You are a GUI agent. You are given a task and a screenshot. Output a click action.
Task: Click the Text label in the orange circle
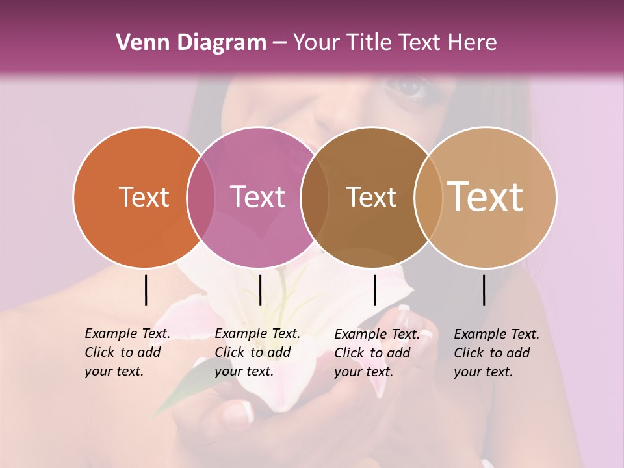144,198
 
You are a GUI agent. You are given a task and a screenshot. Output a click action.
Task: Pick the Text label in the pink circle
258,198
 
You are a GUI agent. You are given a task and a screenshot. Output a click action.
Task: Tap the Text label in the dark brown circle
371,198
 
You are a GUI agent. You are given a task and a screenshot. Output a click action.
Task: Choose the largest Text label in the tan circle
486,197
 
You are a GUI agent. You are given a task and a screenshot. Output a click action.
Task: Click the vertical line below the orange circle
146,290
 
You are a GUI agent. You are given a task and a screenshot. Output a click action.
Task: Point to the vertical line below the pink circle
260,290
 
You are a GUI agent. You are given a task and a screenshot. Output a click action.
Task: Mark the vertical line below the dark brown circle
374,290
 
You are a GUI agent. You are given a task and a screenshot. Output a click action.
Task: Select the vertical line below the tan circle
484,290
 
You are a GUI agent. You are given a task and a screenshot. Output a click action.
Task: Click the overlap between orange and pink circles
201,198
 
